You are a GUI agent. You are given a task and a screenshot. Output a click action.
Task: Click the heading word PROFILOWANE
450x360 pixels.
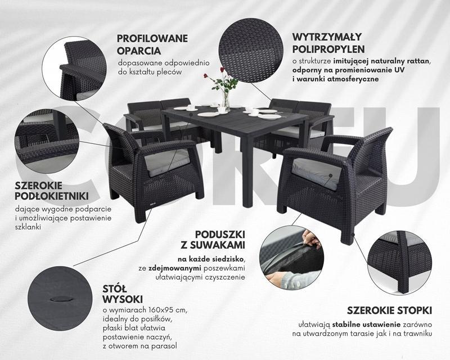(x=152, y=38)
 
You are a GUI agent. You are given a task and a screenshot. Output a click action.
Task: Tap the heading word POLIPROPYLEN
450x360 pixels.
(x=328, y=49)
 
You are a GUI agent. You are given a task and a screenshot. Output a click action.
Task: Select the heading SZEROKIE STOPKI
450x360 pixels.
(x=389, y=310)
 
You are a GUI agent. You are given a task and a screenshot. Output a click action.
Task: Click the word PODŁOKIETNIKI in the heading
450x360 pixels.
(x=52, y=196)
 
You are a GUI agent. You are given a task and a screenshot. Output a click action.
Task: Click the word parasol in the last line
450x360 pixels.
(x=163, y=346)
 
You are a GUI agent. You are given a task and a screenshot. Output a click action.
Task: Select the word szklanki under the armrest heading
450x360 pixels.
(x=28, y=227)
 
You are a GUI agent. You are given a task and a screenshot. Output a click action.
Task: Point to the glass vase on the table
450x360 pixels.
(x=227, y=102)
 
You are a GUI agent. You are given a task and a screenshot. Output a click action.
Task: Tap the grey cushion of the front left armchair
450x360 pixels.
(x=166, y=163)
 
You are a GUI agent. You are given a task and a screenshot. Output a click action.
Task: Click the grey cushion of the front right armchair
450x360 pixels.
(x=317, y=173)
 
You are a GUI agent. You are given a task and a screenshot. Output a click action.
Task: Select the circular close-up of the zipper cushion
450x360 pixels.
(x=292, y=257)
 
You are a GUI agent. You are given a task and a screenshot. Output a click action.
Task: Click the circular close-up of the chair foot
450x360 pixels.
(x=400, y=262)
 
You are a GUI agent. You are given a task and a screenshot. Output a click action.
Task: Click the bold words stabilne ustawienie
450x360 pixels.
(x=366, y=325)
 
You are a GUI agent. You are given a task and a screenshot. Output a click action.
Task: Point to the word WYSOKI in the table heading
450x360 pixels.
(x=123, y=299)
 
